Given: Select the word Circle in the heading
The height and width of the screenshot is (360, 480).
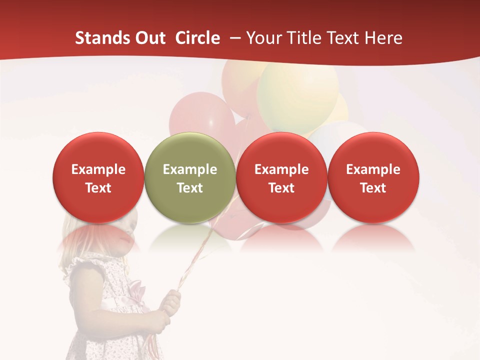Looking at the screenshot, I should [x=197, y=38].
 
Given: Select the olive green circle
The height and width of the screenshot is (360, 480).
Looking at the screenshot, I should [x=189, y=150].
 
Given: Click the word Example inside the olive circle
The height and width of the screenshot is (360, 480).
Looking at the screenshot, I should [x=190, y=169].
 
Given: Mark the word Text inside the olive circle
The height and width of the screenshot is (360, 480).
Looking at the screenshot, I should [x=190, y=188].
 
